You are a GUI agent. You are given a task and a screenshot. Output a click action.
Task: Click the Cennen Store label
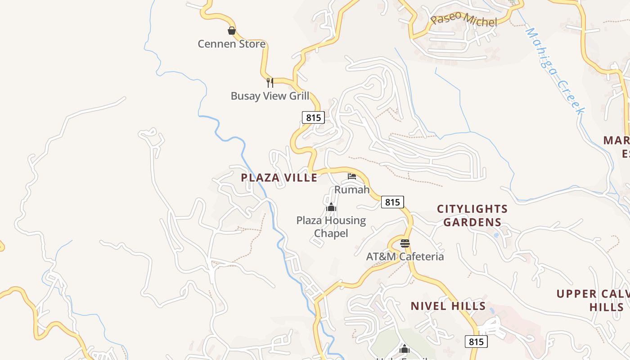click(232, 44)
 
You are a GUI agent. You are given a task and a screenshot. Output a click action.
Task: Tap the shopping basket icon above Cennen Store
click(231, 31)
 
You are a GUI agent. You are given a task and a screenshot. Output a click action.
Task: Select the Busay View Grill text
click(270, 96)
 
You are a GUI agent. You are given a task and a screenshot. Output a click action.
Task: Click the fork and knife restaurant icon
click(270, 82)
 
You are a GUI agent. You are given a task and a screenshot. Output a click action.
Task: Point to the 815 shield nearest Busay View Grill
click(313, 117)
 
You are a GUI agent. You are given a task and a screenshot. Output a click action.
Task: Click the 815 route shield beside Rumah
click(392, 202)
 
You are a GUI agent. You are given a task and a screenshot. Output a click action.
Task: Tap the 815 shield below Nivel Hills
click(476, 342)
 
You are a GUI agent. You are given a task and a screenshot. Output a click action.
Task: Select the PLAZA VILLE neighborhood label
click(279, 178)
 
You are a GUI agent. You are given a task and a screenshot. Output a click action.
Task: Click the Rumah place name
click(352, 189)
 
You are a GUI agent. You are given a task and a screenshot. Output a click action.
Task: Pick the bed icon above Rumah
click(352, 176)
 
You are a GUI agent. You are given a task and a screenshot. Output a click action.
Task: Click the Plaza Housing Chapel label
click(331, 227)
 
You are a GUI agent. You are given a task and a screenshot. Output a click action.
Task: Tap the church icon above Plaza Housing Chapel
click(331, 207)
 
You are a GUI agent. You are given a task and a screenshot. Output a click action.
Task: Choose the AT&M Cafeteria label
click(405, 256)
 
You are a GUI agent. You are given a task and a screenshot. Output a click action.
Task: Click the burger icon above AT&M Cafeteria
click(405, 243)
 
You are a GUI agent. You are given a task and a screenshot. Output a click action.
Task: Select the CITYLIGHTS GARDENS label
click(472, 216)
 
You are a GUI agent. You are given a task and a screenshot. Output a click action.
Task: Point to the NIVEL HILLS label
click(448, 306)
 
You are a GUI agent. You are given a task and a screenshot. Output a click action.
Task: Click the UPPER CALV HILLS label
click(593, 301)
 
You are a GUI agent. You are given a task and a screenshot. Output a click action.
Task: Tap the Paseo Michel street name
click(463, 20)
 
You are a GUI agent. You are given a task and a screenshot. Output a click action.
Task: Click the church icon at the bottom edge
click(404, 349)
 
